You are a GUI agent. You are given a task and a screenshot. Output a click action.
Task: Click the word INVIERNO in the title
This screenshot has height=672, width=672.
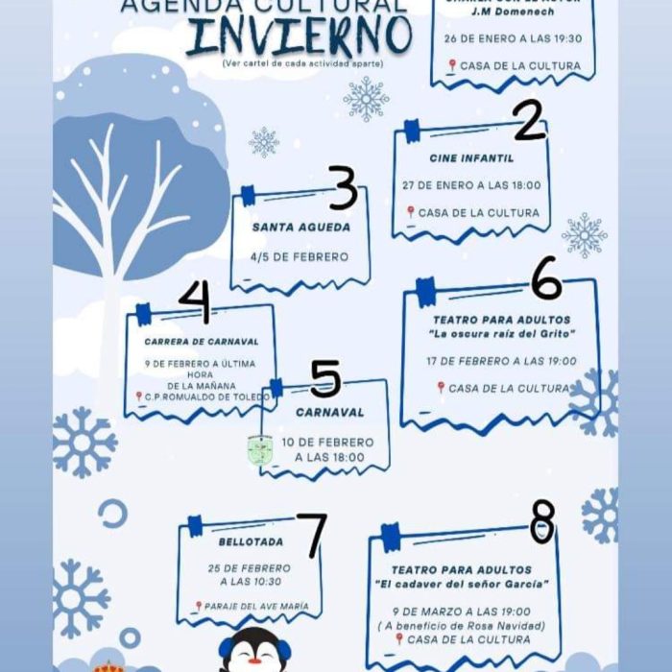coord(299,36)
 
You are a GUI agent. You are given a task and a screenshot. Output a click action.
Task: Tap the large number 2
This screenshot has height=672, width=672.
coord(528,121)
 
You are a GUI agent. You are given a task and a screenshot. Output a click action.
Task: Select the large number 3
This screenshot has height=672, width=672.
coord(343,188)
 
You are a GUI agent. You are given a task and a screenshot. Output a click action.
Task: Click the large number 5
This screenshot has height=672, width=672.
coord(325,379)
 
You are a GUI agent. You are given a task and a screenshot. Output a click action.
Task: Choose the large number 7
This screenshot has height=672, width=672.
coord(311,536)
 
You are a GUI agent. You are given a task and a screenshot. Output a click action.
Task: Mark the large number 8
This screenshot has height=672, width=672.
coord(542,522)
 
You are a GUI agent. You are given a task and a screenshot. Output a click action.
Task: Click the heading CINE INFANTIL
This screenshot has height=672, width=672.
coord(471,158)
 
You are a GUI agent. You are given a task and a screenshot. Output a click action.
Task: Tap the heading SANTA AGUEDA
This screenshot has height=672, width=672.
coord(300,228)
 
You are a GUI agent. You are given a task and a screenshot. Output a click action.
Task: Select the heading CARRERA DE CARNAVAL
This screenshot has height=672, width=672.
coord(202,341)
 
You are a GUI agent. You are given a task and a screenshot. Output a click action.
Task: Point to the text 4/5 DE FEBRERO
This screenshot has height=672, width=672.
coord(300,257)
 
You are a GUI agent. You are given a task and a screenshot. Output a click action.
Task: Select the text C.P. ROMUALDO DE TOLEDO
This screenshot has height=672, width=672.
coord(204,396)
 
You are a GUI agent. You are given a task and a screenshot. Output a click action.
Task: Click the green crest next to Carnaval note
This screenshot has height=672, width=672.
coord(259,449)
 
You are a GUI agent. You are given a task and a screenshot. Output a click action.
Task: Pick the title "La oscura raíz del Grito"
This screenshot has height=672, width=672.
coord(501,333)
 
